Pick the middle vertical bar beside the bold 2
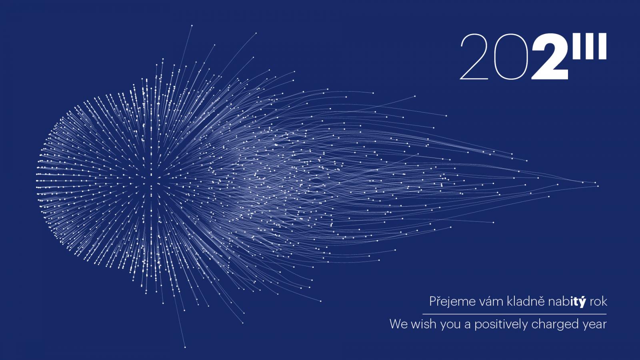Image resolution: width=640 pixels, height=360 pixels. [x=588, y=46]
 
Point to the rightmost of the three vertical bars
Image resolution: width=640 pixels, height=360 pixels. [x=602, y=46]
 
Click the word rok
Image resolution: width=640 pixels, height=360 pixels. [x=598, y=302]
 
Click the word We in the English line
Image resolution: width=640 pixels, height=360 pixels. [x=398, y=324]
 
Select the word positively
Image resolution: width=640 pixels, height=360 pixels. [x=501, y=325]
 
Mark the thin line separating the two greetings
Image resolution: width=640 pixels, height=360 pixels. [x=514, y=314]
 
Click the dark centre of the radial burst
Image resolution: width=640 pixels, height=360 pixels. [x=152, y=180]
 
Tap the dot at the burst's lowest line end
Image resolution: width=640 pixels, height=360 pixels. [x=185, y=348]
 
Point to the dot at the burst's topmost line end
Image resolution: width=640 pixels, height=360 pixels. [x=192, y=26]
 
